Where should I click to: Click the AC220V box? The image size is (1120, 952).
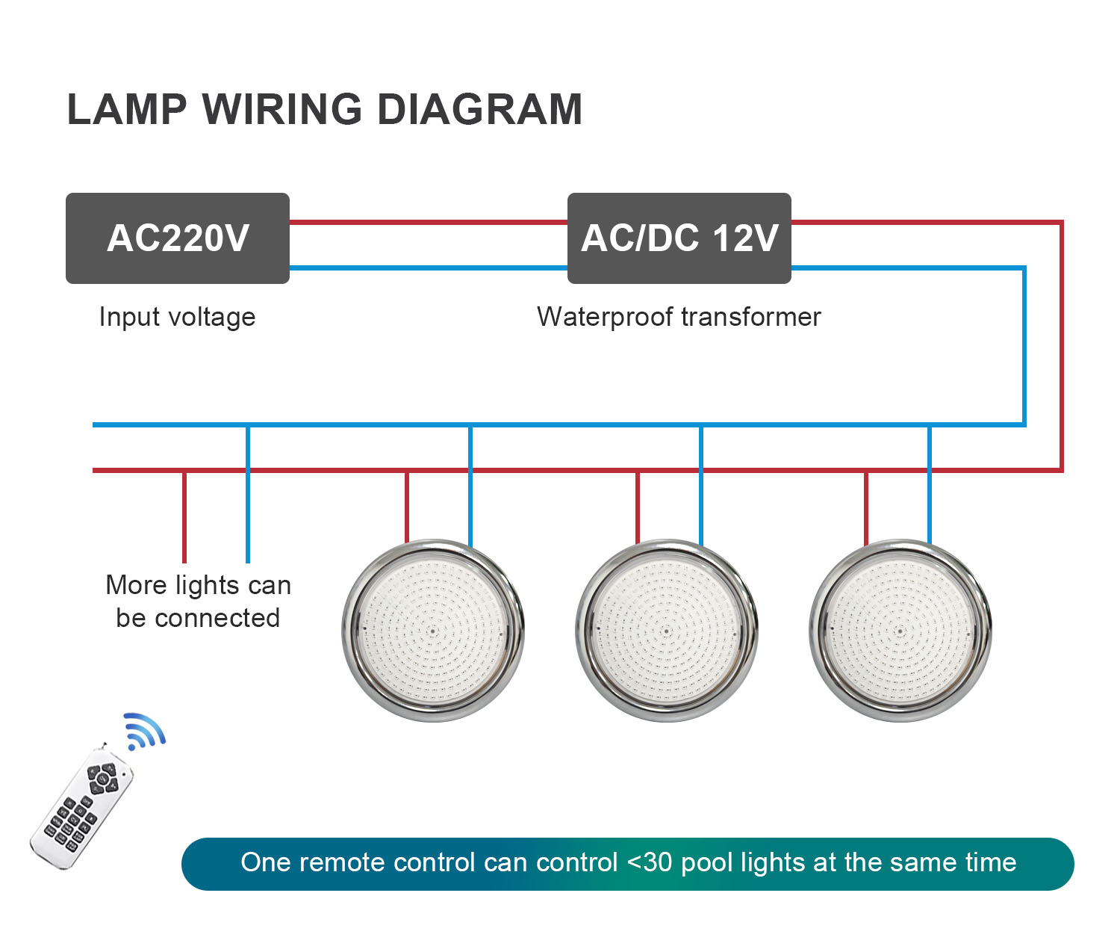coord(178,238)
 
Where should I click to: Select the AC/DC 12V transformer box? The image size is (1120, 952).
coord(679,238)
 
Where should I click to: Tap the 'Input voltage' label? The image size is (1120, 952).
coord(177,317)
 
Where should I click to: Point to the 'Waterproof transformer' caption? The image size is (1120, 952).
coord(679,317)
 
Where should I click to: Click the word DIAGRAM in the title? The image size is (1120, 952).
coord(479,109)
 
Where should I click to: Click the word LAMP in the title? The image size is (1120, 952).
coord(127,109)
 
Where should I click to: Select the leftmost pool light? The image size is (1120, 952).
coord(433,631)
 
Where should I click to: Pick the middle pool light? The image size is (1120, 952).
coord(667,631)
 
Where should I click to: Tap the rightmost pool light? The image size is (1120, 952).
coord(900,631)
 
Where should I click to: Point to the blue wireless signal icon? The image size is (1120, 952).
coord(143,730)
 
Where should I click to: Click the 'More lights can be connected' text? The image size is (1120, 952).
coord(198,602)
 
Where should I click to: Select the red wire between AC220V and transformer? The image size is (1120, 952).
coord(428,222)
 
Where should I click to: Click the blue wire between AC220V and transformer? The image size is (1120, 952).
coord(428,268)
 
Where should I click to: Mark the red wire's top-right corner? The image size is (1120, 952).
coord(1060,223)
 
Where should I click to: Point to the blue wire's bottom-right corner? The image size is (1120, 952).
coord(1024,424)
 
